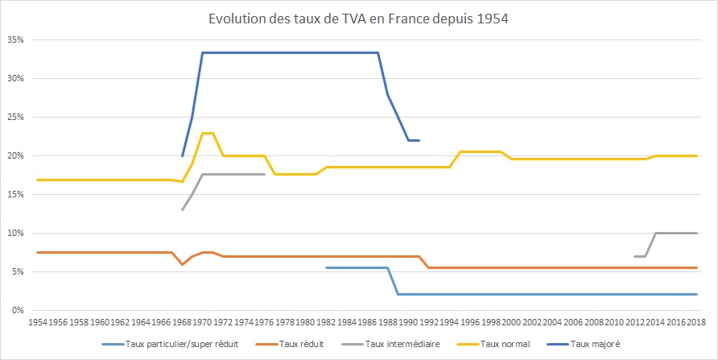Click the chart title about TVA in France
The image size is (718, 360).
359,19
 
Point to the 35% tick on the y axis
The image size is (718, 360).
15,39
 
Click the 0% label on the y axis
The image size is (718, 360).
18,311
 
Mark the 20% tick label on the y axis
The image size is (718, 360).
15,155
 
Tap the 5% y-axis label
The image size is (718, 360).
18,272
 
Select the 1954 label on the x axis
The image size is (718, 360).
37,322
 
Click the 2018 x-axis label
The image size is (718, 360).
697,322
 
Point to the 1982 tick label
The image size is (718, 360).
326,322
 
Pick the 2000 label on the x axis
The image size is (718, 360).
511,322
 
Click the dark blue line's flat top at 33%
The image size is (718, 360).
290,52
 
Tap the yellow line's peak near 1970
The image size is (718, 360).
208,133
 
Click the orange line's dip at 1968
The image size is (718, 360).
183,264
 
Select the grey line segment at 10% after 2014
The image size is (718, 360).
676,233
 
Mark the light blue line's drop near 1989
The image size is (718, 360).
394,281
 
